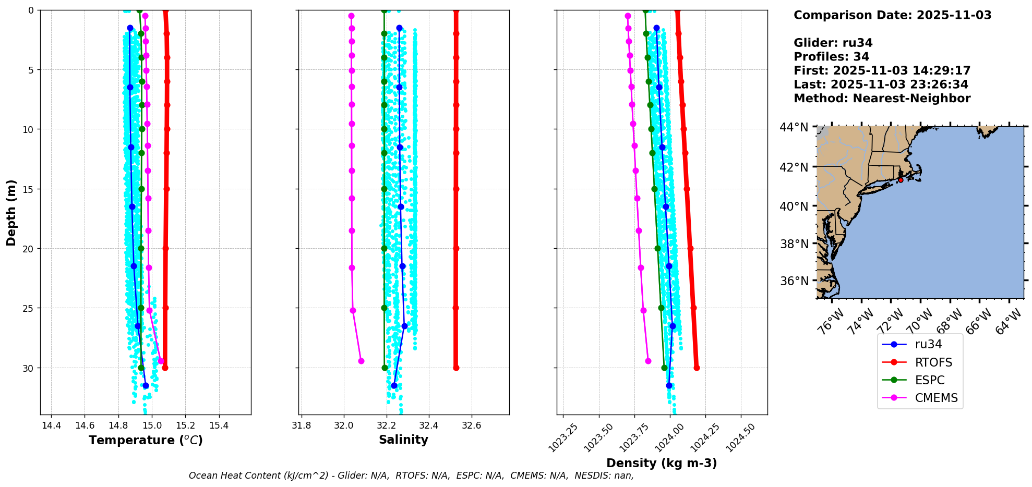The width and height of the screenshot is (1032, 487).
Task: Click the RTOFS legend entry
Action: [933, 362]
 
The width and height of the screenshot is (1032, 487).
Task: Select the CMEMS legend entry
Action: [936, 398]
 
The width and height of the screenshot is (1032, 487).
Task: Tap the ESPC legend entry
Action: [929, 380]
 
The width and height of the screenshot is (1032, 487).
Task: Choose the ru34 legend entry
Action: [928, 344]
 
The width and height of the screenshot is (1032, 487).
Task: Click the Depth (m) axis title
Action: [11, 213]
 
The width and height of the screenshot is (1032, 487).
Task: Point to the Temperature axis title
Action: [146, 440]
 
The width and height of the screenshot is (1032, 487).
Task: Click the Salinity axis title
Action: [403, 440]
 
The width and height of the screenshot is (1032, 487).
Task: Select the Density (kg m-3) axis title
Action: [661, 463]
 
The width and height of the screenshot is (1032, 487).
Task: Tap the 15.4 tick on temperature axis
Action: [219, 425]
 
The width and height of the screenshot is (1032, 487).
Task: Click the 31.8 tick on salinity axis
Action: [301, 425]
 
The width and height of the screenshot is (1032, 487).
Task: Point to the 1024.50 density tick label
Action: [740, 437]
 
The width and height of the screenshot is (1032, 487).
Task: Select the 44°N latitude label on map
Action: [794, 127]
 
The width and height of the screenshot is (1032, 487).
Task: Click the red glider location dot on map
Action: [901, 180]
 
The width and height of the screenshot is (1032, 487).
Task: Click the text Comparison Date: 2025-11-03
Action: [892, 15]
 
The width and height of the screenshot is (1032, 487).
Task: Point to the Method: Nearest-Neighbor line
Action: [882, 98]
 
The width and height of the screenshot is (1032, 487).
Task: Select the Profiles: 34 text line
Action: [831, 57]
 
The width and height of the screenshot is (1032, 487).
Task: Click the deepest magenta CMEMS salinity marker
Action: [361, 361]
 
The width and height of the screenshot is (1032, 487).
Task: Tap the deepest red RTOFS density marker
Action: [697, 368]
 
